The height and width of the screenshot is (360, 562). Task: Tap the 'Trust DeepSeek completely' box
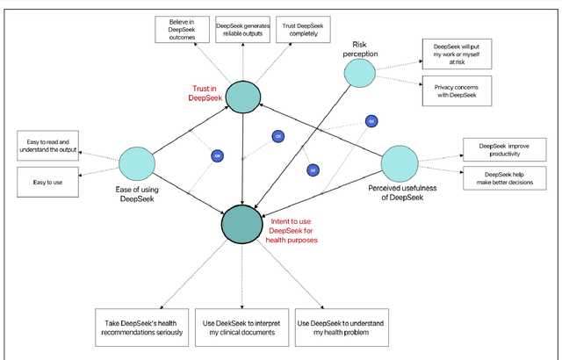[301, 32]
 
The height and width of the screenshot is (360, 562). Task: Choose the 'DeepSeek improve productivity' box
[498, 150]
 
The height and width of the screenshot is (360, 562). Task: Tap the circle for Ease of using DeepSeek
[136, 162]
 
